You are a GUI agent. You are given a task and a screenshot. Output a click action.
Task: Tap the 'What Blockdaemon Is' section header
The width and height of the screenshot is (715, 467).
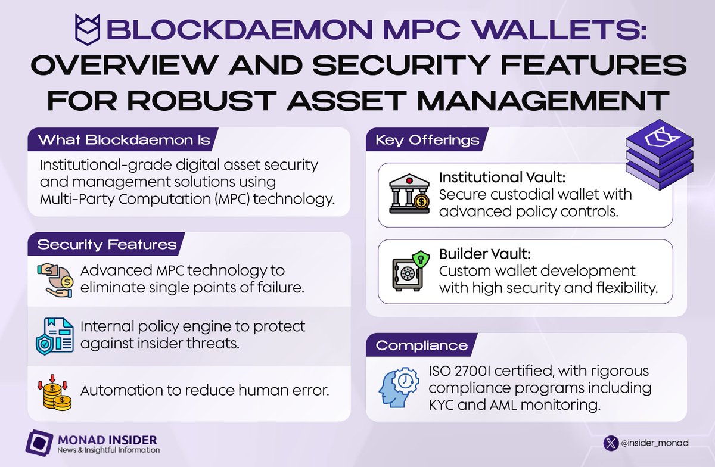124,141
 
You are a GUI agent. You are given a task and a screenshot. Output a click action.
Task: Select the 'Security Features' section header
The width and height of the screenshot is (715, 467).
107,245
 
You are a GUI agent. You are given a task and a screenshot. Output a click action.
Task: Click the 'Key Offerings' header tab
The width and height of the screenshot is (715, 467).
427,141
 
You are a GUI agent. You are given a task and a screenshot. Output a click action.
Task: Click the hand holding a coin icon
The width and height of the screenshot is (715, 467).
57,279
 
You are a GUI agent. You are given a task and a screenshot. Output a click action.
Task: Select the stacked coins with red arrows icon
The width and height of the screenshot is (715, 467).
57,391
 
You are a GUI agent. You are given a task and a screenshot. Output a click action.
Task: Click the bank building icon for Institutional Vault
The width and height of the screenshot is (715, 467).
409,194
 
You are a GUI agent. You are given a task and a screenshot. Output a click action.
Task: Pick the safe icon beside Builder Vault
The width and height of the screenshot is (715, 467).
409,271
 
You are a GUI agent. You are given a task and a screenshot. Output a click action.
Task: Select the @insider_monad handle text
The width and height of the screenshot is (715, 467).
650,443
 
